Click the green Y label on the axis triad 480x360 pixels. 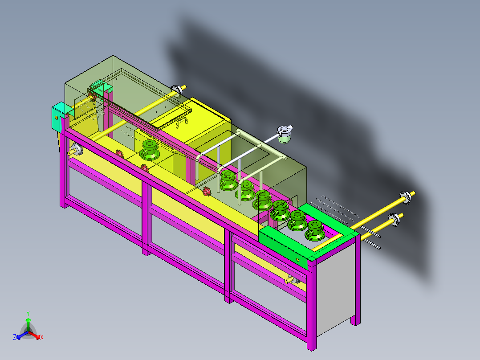pos(28,314)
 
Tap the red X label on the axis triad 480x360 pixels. pos(42,338)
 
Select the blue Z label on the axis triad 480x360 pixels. pos(14,337)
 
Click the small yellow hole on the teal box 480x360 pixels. pos(56,117)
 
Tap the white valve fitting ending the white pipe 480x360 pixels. pos(285,134)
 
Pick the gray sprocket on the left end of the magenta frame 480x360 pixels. pos(77,150)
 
